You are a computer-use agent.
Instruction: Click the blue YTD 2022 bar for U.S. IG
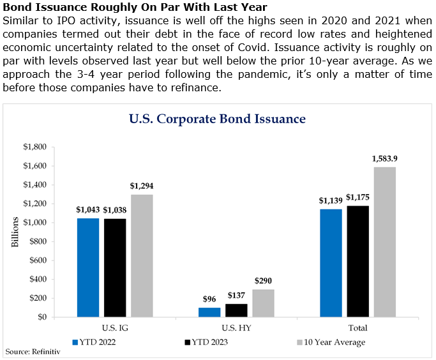tap(88, 267)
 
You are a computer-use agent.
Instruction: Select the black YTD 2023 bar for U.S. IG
tap(115, 267)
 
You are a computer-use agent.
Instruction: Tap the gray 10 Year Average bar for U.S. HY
tap(263, 303)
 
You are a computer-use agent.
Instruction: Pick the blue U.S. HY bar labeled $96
tap(209, 312)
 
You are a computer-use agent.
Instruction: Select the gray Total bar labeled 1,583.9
tap(385, 242)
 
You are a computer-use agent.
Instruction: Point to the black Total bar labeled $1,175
tap(358, 261)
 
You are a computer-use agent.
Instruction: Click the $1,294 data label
tap(142, 186)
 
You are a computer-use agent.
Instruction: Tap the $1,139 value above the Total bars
tap(331, 200)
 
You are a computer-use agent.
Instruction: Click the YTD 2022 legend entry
tap(97, 342)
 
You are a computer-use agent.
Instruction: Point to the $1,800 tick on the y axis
tap(34, 147)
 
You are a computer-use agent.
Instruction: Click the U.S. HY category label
tap(236, 327)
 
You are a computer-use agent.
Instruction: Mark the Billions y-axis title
tap(15, 232)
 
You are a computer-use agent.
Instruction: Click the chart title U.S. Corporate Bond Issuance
tap(217, 119)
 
